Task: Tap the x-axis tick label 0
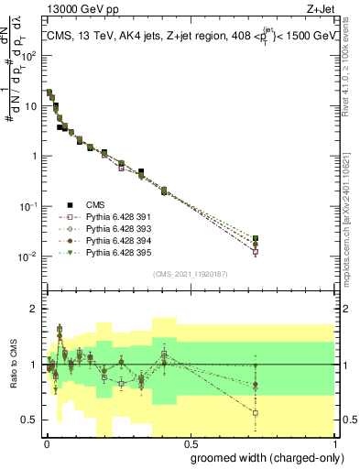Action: click(x=46, y=443)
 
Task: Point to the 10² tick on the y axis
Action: click(x=27, y=55)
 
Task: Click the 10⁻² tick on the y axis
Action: click(x=27, y=256)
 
